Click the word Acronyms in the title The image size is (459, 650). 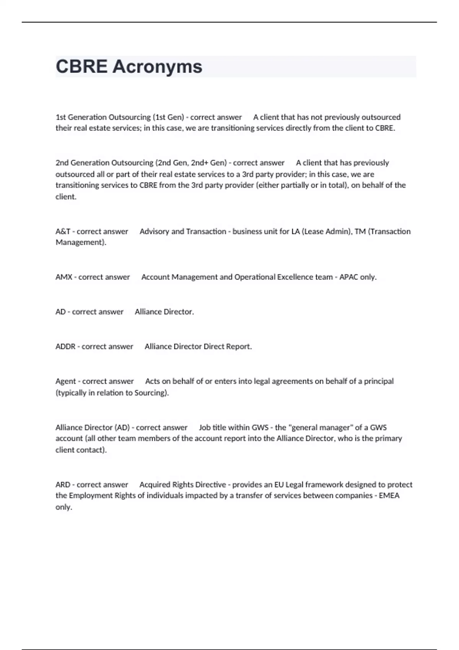[157, 67]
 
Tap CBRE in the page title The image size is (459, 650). [81, 67]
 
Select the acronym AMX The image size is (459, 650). [63, 277]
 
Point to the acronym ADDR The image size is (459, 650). [65, 347]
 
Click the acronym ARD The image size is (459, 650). [63, 485]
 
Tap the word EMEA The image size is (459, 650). [389, 496]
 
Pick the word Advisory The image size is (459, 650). [154, 232]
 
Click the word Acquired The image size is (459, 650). [155, 485]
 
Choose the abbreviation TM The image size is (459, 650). [360, 232]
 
